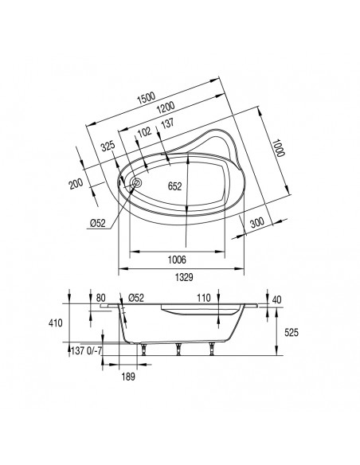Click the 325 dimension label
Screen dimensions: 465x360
coord(109,146)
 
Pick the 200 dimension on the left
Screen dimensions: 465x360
coord(75,184)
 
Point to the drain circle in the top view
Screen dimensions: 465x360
coord(135,183)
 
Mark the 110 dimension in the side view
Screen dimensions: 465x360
coord(203,299)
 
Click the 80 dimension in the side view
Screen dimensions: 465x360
coord(100,299)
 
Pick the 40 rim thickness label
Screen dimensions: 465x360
coord(276,299)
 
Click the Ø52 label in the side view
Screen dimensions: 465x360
coord(135,299)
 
